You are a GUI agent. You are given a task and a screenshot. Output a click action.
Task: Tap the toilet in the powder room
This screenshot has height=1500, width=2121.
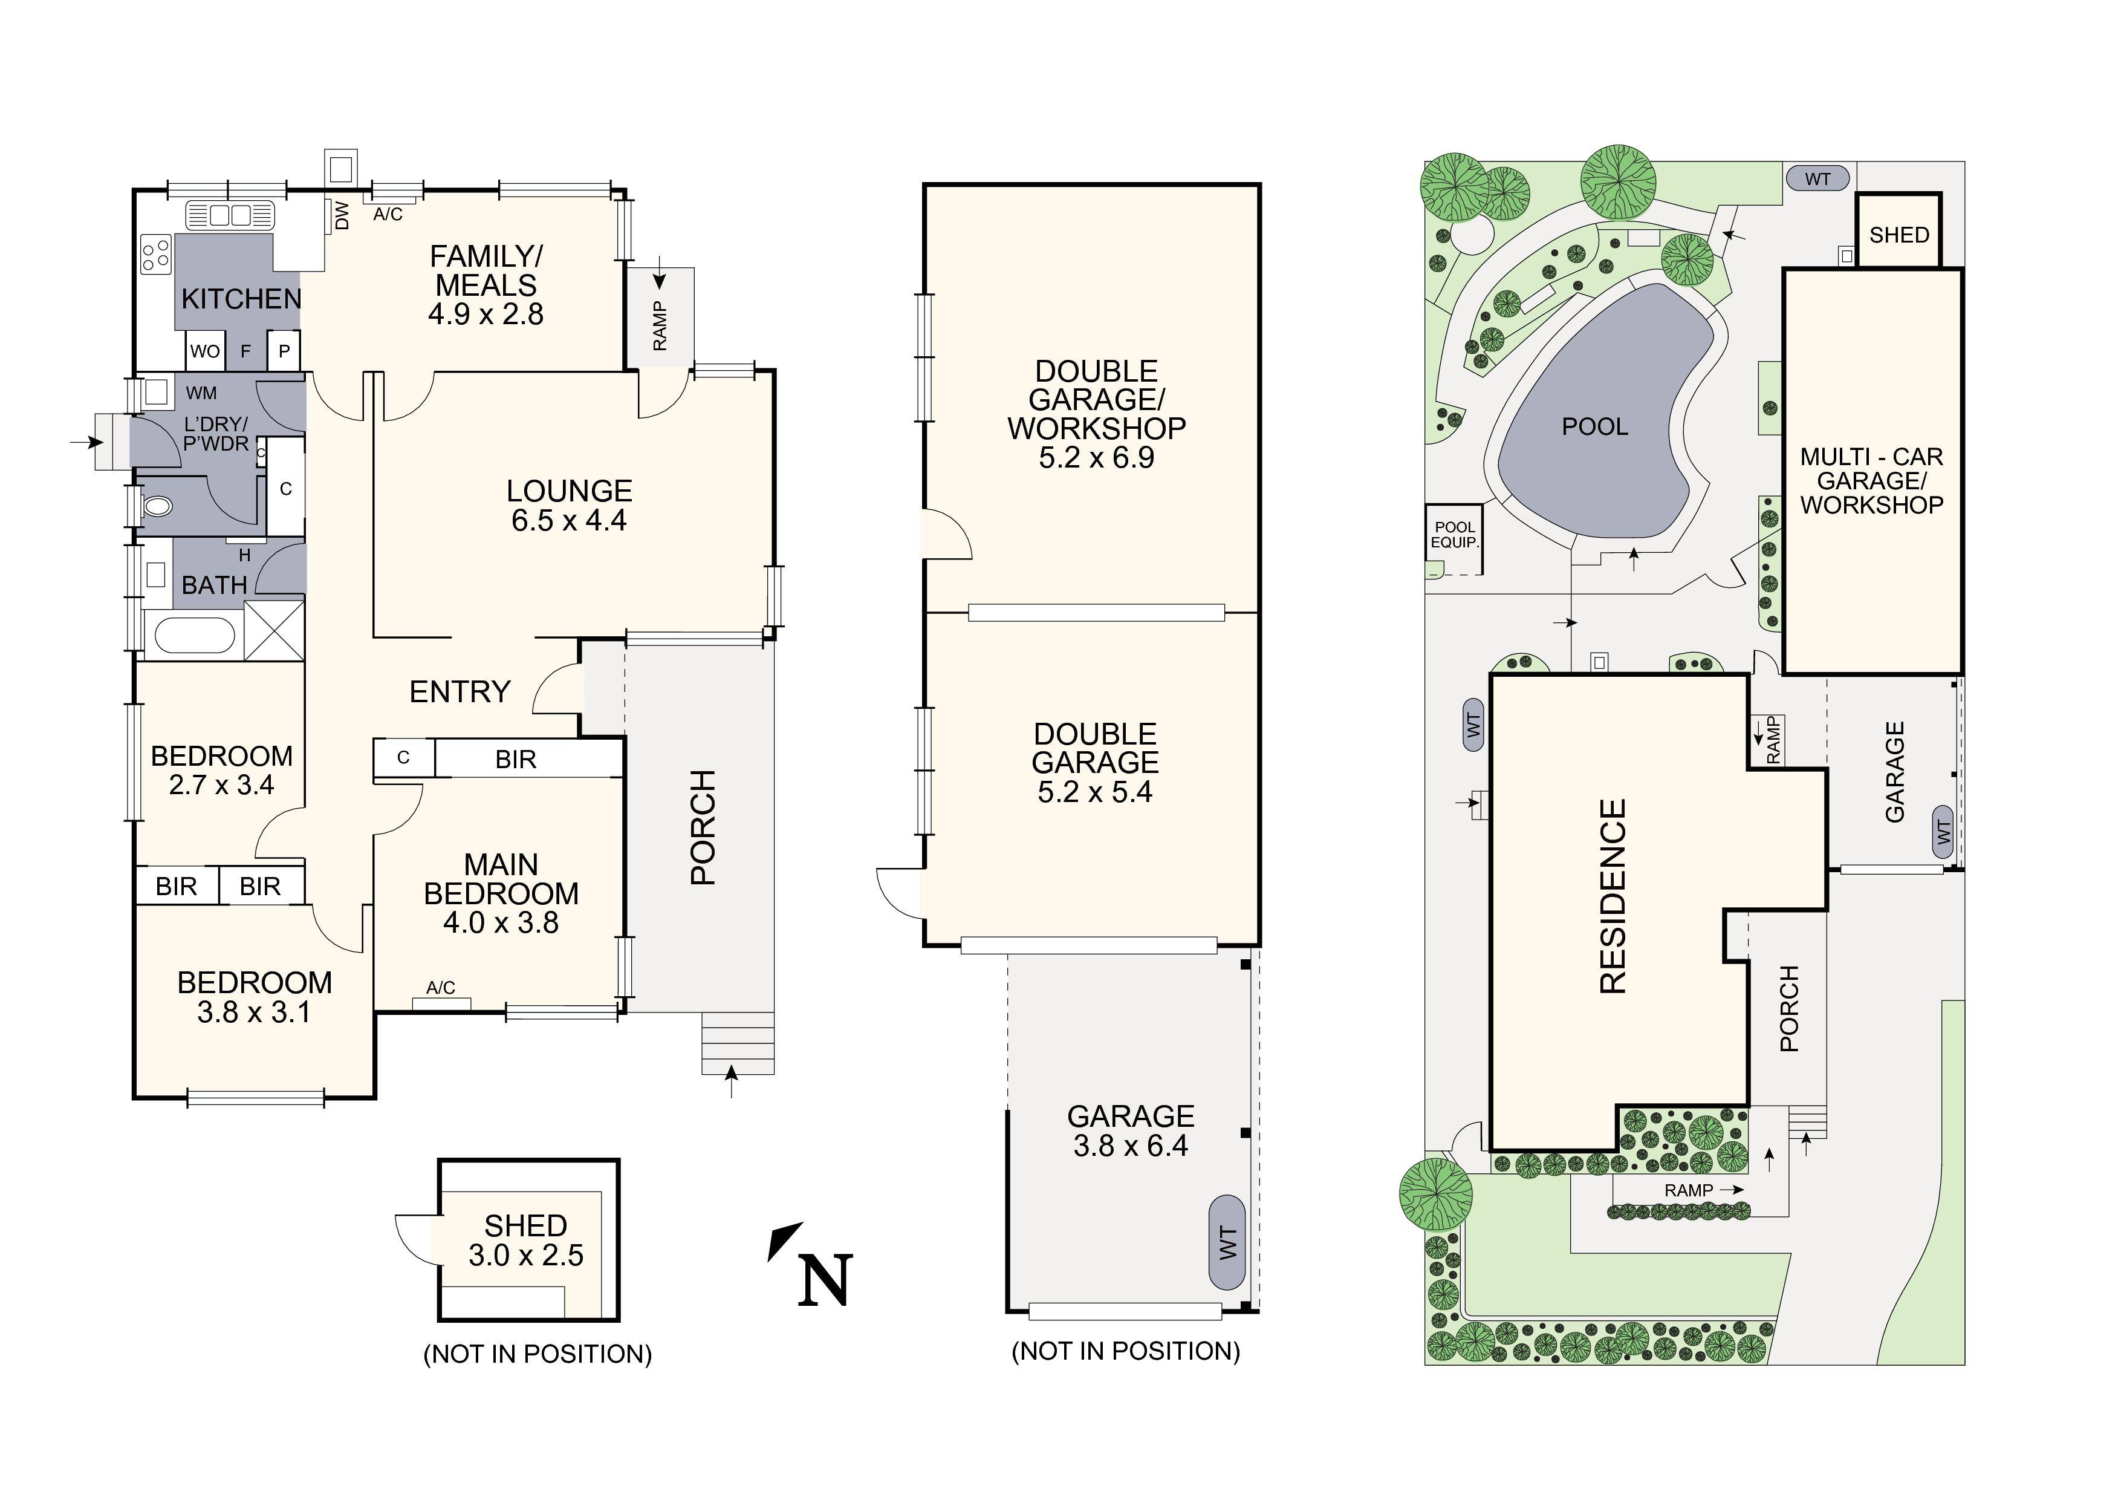tap(158, 506)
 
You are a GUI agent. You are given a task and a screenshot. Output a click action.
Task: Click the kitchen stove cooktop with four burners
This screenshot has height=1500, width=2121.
tap(155, 254)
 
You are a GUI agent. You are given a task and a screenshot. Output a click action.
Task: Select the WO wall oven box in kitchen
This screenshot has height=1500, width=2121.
tap(205, 351)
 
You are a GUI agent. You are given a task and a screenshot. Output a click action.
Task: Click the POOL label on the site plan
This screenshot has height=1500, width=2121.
tap(1594, 427)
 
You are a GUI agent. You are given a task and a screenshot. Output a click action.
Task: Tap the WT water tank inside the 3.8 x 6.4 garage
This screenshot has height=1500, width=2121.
tap(1227, 1242)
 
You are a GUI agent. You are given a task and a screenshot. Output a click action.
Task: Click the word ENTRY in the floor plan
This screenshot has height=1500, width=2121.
tap(459, 691)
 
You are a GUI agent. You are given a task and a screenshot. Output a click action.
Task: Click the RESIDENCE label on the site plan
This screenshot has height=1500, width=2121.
tap(1612, 896)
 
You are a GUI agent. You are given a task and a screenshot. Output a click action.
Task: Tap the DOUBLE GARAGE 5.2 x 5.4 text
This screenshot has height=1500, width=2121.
tap(1095, 763)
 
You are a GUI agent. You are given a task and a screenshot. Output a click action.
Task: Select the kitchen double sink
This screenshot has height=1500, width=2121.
tap(231, 215)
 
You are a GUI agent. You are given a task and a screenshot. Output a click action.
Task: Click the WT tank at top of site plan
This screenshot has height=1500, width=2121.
tap(1817, 178)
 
